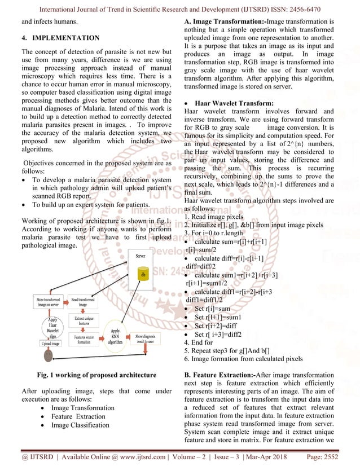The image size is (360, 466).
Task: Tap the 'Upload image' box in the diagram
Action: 50,343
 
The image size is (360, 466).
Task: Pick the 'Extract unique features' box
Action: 82,320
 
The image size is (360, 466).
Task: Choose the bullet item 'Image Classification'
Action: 80,425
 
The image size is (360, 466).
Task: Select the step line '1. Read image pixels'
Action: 214,217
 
